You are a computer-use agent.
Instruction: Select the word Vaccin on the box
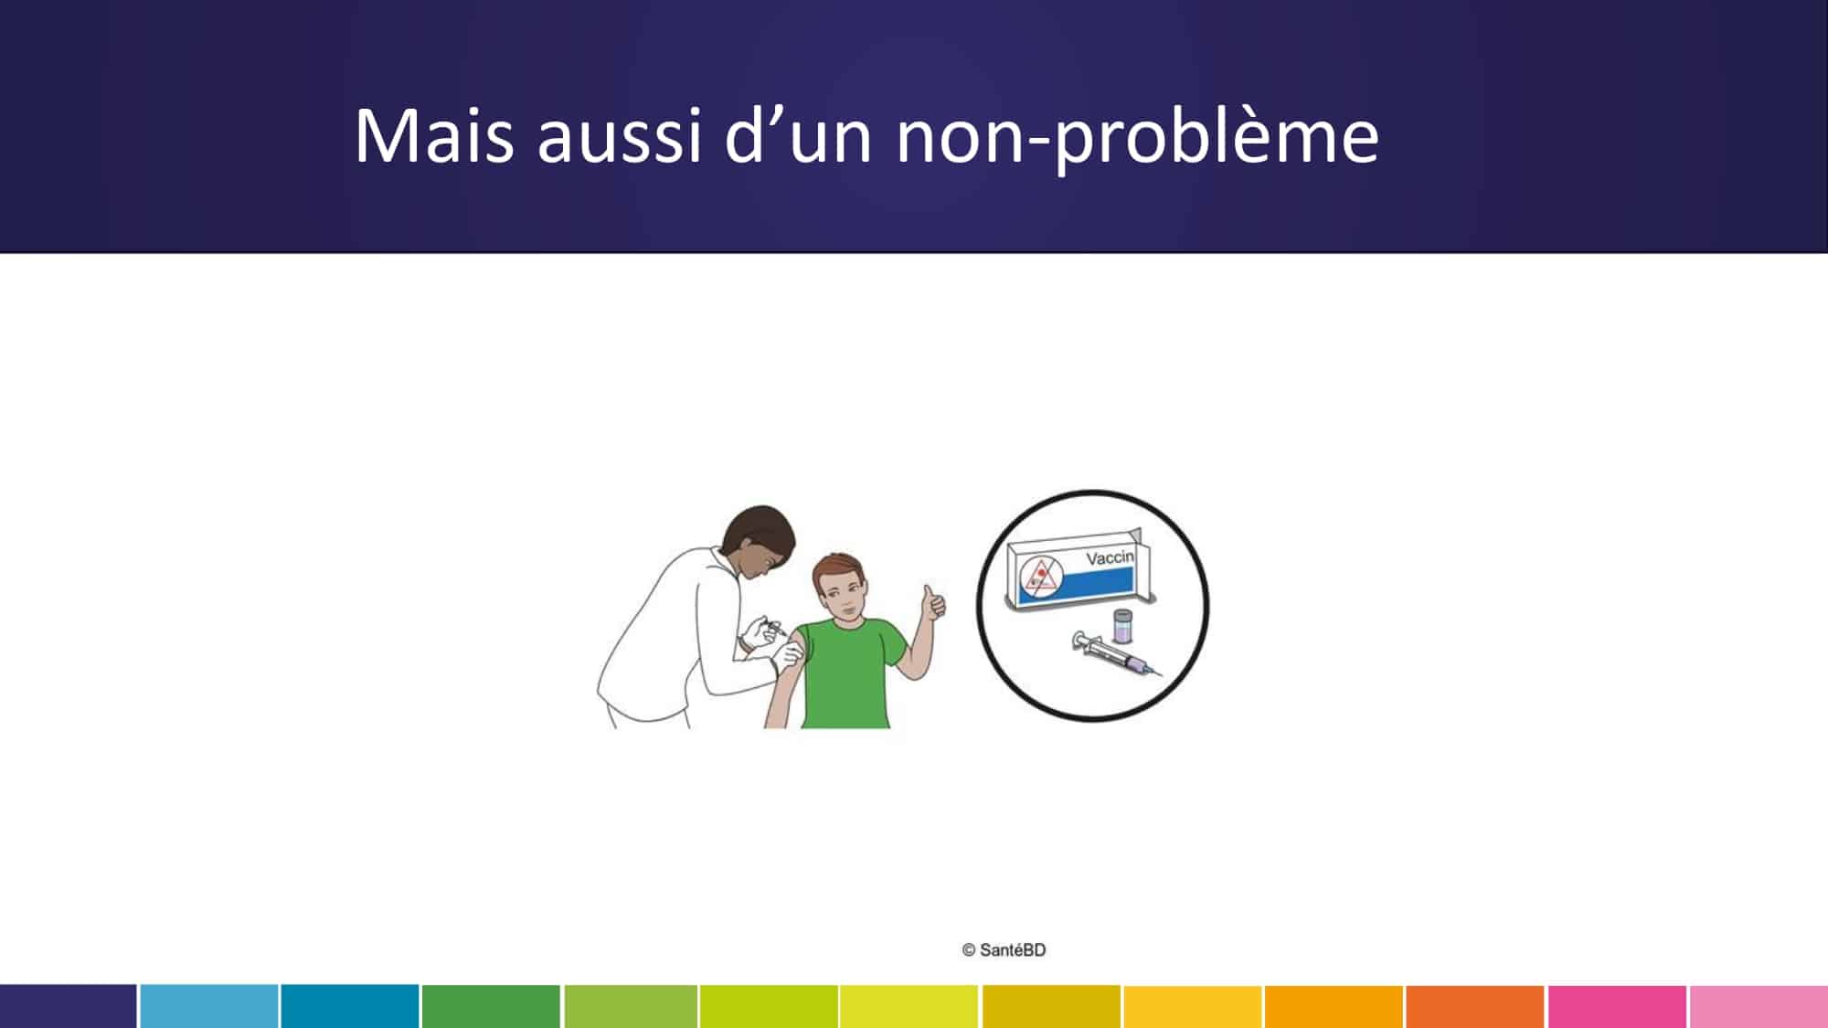1110,557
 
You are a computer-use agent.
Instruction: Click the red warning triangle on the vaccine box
1038,576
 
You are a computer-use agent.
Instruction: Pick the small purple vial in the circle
1122,627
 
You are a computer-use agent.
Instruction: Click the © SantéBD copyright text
1004,950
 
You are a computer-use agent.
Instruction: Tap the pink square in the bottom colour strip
1616,1006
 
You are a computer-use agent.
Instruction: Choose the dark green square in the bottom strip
491,1006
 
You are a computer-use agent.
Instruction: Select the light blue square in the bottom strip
208,1006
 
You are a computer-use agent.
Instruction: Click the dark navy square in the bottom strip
68,1006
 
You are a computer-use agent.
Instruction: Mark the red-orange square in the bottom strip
1474,1006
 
